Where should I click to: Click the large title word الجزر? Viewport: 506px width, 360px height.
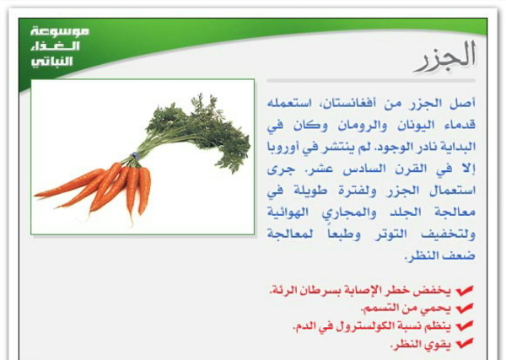pos(444,56)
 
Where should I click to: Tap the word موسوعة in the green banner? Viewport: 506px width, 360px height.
pos(59,31)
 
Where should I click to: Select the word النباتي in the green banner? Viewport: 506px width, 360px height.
pos(51,61)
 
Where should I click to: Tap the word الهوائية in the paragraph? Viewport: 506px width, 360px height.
pos(288,212)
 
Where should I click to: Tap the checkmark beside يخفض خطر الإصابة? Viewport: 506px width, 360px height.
pos(465,291)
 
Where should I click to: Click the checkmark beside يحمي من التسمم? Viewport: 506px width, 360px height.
pos(465,309)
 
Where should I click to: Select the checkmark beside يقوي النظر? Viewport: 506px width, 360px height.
pos(465,344)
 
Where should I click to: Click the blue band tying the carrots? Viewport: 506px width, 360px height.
pos(135,157)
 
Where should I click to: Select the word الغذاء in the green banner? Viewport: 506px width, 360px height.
pos(55,46)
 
